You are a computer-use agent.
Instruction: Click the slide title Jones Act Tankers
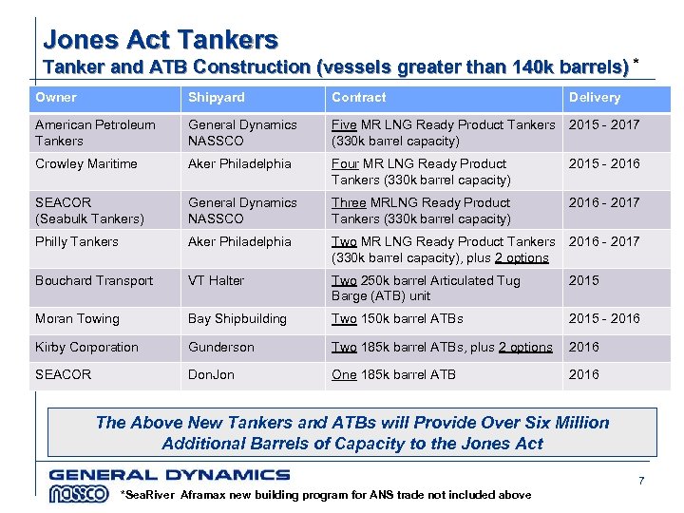pyautogui.click(x=161, y=39)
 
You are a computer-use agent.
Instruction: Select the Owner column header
pyautogui.click(x=56, y=98)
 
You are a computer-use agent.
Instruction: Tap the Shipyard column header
pyautogui.click(x=217, y=98)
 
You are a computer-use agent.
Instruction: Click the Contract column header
pyautogui.click(x=359, y=98)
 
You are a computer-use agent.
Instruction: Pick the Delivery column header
pyautogui.click(x=595, y=98)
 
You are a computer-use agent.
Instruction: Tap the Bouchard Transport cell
pyautogui.click(x=94, y=281)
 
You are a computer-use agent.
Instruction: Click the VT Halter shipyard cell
pyautogui.click(x=217, y=281)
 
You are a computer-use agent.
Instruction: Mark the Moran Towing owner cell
pyautogui.click(x=78, y=319)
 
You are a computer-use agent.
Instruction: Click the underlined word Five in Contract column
pyautogui.click(x=344, y=125)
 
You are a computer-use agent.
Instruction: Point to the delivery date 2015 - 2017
pyautogui.click(x=604, y=125)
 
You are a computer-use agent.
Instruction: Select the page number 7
pyautogui.click(x=641, y=482)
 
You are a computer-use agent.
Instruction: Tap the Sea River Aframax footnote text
pyautogui.click(x=326, y=495)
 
